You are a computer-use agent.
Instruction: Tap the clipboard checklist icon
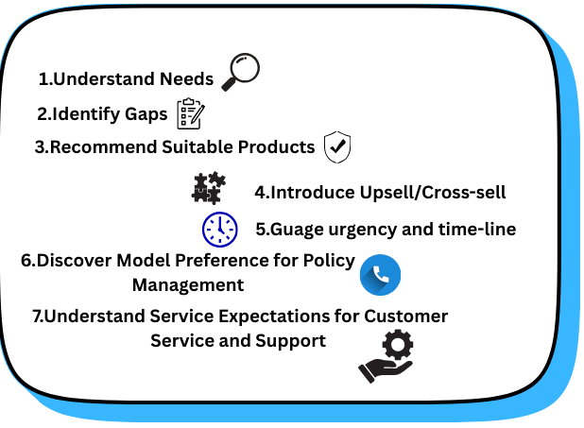point(190,113)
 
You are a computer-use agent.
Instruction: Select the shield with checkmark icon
point(337,147)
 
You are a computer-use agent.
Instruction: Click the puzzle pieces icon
point(208,188)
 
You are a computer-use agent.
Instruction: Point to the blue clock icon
point(220,229)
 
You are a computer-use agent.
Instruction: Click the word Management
point(188,284)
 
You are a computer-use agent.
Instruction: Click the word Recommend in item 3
point(95,147)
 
